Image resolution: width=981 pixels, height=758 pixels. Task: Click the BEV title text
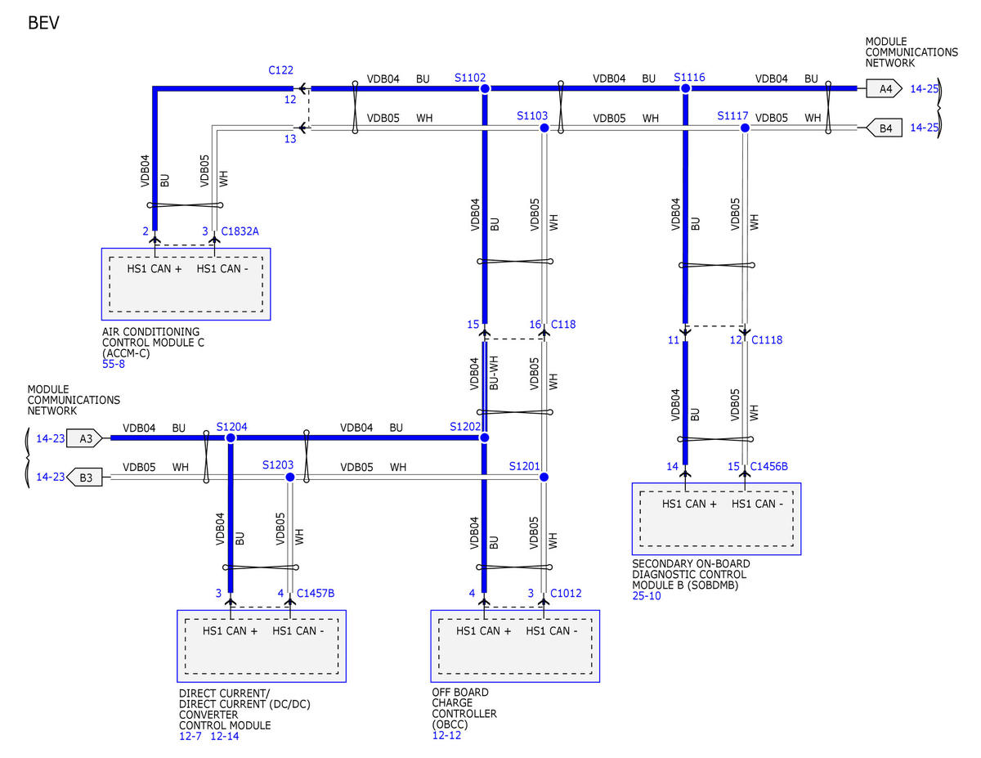[43, 23]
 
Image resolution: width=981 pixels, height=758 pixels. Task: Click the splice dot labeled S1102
[485, 88]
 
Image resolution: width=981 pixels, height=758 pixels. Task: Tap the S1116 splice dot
[685, 88]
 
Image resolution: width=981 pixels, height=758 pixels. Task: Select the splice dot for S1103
[544, 128]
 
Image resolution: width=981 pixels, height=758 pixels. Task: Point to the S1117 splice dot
[745, 128]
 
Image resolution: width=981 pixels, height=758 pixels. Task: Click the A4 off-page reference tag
[884, 88]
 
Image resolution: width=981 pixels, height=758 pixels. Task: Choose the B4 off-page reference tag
[884, 128]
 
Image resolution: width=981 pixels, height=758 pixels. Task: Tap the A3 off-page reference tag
[84, 438]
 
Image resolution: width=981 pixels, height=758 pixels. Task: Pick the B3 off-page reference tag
[84, 478]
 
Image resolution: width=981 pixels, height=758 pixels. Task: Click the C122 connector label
[280, 70]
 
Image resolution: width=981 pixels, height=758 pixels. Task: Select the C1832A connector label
[240, 231]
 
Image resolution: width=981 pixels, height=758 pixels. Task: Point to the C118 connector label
[563, 324]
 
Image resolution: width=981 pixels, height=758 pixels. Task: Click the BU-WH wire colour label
[494, 373]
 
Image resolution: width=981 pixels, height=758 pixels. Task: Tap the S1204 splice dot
[231, 438]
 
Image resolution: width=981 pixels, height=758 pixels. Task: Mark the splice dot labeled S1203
[290, 478]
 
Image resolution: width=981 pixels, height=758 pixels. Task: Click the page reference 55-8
[114, 364]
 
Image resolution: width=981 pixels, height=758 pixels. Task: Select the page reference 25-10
[646, 596]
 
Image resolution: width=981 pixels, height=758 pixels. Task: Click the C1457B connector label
[315, 593]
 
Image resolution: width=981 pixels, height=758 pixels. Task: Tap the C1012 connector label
[565, 593]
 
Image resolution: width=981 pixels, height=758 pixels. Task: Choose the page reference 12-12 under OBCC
[446, 735]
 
